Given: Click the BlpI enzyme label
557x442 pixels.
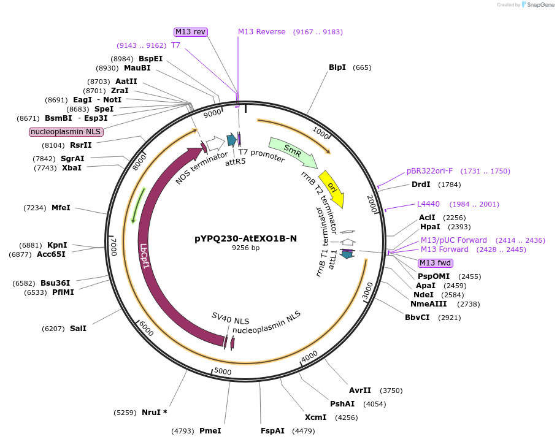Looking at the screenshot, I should click(x=337, y=67).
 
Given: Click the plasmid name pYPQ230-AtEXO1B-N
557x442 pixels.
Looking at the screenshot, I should click(x=245, y=238).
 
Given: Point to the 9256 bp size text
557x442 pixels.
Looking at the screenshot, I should click(x=245, y=248).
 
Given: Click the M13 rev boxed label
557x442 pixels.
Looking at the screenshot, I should click(x=191, y=32).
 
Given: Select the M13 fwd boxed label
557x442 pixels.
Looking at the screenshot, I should click(x=435, y=263).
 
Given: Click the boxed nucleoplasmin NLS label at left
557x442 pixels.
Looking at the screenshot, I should click(x=66, y=132).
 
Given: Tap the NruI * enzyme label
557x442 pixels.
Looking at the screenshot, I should click(x=154, y=413).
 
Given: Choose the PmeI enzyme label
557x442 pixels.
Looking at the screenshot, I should click(x=210, y=431).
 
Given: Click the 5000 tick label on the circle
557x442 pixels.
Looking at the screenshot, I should click(x=223, y=372).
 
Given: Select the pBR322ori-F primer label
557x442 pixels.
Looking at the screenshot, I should click(x=429, y=171).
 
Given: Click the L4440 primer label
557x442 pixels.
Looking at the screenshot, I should click(x=428, y=204).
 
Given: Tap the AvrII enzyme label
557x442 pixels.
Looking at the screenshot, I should click(x=360, y=391).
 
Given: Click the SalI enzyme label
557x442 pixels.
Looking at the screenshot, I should click(x=78, y=329).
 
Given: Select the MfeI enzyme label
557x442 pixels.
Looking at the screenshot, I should click(x=61, y=208).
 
